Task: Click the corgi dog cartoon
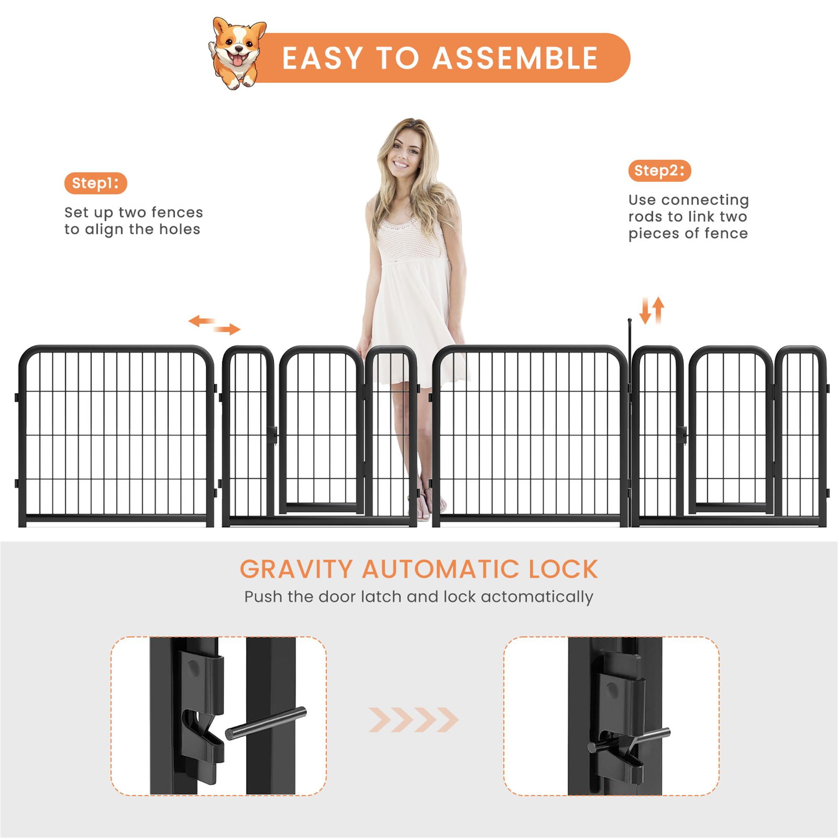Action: (236, 52)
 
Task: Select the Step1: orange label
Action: (96, 183)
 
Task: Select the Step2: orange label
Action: (659, 171)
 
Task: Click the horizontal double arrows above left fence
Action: (214, 325)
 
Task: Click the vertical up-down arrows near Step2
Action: (652, 310)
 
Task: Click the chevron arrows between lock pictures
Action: (414, 720)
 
